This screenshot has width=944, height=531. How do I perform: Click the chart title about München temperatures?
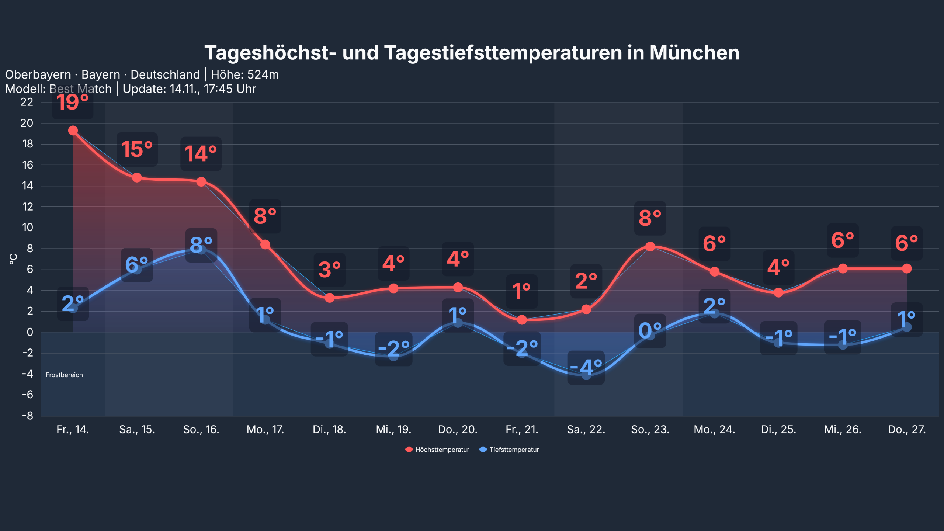tap(472, 53)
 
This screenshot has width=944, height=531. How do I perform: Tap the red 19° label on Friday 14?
tap(72, 102)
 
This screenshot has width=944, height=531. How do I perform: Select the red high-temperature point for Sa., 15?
tap(137, 178)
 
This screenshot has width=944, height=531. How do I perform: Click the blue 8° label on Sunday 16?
tap(201, 245)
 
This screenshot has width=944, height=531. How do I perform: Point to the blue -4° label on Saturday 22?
tap(586, 367)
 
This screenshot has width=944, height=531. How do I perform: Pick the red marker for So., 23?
tap(650, 246)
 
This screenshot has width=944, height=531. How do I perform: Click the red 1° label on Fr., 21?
tap(521, 291)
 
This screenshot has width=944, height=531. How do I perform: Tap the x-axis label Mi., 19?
tap(393, 430)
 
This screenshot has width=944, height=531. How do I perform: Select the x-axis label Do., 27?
tap(906, 430)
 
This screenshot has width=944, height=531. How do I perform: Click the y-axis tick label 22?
tap(27, 102)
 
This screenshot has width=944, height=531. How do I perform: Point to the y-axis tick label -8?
tap(27, 416)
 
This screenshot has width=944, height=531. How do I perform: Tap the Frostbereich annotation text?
tap(64, 375)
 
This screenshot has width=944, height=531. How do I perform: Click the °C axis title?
tap(13, 259)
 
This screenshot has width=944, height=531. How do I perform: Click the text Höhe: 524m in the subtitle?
tap(244, 75)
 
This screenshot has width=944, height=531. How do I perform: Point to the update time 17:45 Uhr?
tap(230, 89)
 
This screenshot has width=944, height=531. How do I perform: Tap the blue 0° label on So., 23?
tap(650, 330)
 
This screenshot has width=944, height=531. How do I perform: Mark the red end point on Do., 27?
tap(907, 268)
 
